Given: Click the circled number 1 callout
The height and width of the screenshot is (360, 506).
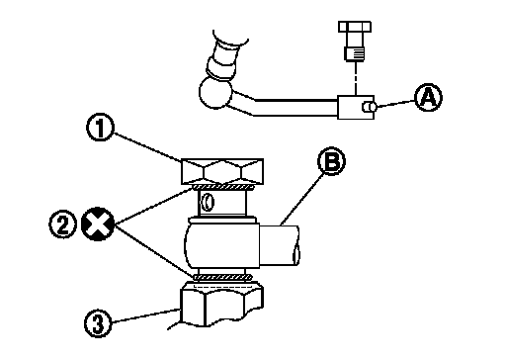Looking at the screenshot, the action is click(100, 128).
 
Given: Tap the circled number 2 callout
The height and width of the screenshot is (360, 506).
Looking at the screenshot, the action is click(62, 225).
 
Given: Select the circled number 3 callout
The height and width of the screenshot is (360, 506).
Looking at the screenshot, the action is click(98, 324).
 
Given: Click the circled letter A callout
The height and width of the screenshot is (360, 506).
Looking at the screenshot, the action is click(428, 98).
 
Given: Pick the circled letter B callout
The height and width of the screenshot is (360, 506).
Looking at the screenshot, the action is click(331, 161).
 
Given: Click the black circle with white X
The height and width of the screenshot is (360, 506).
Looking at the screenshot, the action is click(98, 225).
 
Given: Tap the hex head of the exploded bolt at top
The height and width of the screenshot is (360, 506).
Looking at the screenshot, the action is click(355, 27).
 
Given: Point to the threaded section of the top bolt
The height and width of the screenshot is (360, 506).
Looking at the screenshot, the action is click(355, 53).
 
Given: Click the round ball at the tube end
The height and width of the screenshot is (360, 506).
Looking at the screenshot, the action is click(214, 92).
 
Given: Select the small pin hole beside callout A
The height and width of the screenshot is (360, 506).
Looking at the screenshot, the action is click(369, 107).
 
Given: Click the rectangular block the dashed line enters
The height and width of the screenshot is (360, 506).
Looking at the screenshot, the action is click(356, 107).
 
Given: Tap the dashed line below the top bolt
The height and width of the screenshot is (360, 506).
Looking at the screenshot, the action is click(356, 78).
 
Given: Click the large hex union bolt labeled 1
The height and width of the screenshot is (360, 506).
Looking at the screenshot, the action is click(222, 171).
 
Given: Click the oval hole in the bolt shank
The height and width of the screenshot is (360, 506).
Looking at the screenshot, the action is click(209, 202).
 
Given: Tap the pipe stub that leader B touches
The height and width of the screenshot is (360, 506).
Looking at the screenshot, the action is click(280, 245).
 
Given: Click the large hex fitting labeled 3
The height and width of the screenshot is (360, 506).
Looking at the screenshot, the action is click(221, 305).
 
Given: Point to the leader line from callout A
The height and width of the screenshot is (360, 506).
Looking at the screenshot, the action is click(395, 104).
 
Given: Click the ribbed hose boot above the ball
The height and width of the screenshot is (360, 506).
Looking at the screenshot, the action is click(225, 59).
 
